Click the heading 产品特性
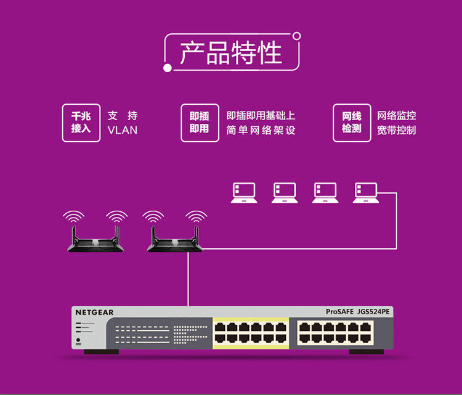pos(231,52)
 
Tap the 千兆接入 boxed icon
pos(81,123)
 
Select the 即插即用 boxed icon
pos(200,123)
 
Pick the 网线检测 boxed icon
pos(352,123)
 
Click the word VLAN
pos(123,130)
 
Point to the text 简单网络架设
pos(261,130)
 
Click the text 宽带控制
pos(396,130)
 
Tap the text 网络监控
pos(396,115)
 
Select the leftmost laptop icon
pos(244,193)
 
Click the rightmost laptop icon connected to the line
pos(366,193)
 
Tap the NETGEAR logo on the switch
pos(94,312)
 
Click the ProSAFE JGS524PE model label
pos(357,312)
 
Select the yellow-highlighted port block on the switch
pos(251,333)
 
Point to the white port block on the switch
pos(335,333)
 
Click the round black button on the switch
pos(78,340)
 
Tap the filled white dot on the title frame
pos(168,68)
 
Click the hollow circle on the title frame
pos(297,36)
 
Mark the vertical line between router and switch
pos(188,279)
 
